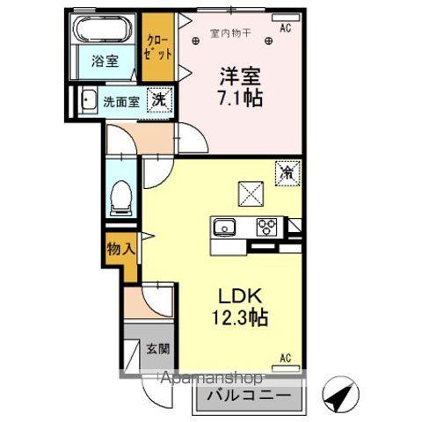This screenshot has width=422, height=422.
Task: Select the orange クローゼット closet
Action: pyautogui.click(x=159, y=50)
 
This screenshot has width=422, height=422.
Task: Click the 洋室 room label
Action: pyautogui.click(x=238, y=75)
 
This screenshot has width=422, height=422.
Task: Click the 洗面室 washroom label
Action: pyautogui.click(x=120, y=101)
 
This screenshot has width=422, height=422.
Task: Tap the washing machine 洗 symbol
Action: pyautogui.click(x=159, y=100)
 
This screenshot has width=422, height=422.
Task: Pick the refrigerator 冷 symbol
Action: pyautogui.click(x=286, y=171)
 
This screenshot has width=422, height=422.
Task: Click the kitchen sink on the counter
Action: pyautogui.click(x=224, y=228)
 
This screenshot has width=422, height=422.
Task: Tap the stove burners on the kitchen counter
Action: pyautogui.click(x=266, y=228)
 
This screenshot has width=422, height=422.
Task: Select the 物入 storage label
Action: pyautogui.click(x=121, y=249)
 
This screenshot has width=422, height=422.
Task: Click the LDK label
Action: pyautogui.click(x=237, y=295)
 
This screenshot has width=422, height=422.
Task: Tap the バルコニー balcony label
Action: pyautogui.click(x=248, y=395)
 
